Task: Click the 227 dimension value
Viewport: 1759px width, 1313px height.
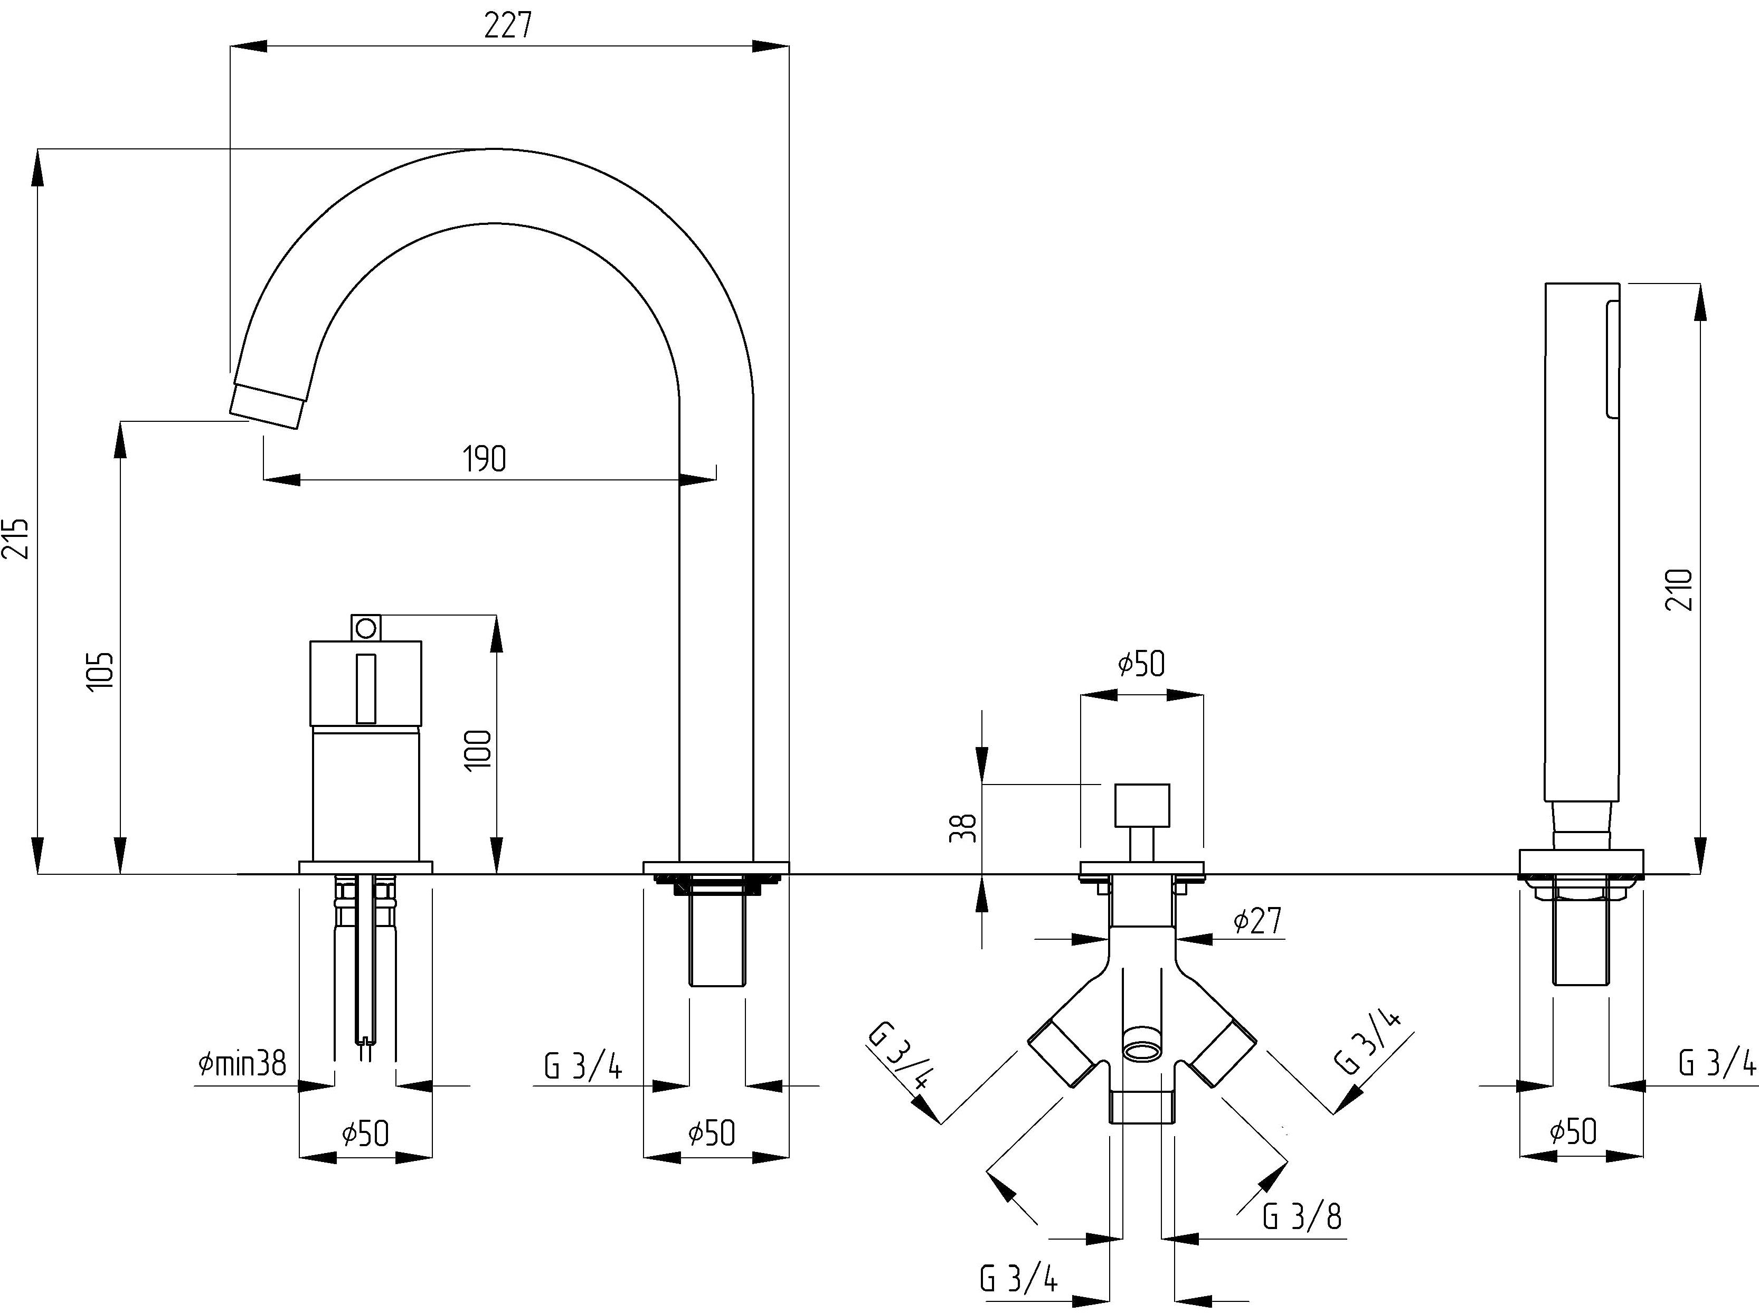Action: tap(507, 26)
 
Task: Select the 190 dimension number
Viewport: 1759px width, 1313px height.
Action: tap(484, 459)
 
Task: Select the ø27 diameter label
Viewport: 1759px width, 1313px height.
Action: tap(1257, 920)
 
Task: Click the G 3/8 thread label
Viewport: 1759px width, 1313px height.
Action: tap(1302, 1217)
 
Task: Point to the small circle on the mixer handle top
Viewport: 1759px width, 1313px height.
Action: tap(366, 628)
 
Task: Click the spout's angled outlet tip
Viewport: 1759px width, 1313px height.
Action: tap(266, 407)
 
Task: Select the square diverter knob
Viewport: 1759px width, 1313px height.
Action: tap(1142, 805)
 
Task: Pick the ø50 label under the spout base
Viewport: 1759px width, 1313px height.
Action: tap(712, 1133)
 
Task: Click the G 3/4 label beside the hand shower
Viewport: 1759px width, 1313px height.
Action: tap(1717, 1063)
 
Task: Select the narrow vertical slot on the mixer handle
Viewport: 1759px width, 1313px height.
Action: tap(366, 688)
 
